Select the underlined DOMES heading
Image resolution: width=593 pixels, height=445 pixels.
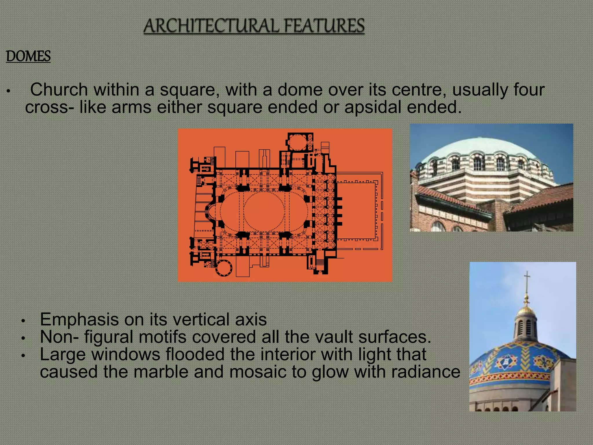[x=28, y=56]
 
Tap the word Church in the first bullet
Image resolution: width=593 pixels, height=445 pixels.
[x=59, y=90]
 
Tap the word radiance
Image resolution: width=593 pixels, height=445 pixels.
[x=425, y=372]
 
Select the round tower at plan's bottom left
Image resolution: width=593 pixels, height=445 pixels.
[x=224, y=268]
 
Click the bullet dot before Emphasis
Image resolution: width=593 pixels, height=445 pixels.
[x=24, y=321]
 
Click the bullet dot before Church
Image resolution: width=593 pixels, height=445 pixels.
[x=9, y=92]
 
